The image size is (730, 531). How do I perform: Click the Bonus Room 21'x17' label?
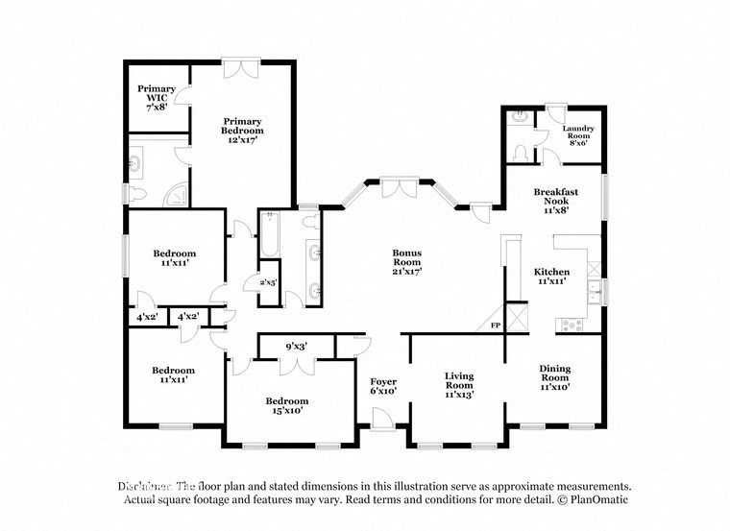[x=406, y=262]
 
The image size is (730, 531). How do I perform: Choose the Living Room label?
[x=459, y=384]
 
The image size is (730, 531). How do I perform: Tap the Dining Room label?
[x=554, y=376]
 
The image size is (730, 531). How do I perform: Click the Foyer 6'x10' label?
[x=383, y=387]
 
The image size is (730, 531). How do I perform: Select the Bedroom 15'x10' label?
[x=287, y=406]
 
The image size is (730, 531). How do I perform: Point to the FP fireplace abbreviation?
[x=496, y=326]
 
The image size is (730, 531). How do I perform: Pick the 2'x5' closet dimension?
[x=269, y=282]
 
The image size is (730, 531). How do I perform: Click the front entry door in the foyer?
[x=381, y=419]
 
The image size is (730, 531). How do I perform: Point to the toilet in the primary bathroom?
[x=139, y=196]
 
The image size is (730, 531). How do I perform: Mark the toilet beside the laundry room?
[x=518, y=153]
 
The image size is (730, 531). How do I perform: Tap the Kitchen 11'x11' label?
[x=552, y=278]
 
